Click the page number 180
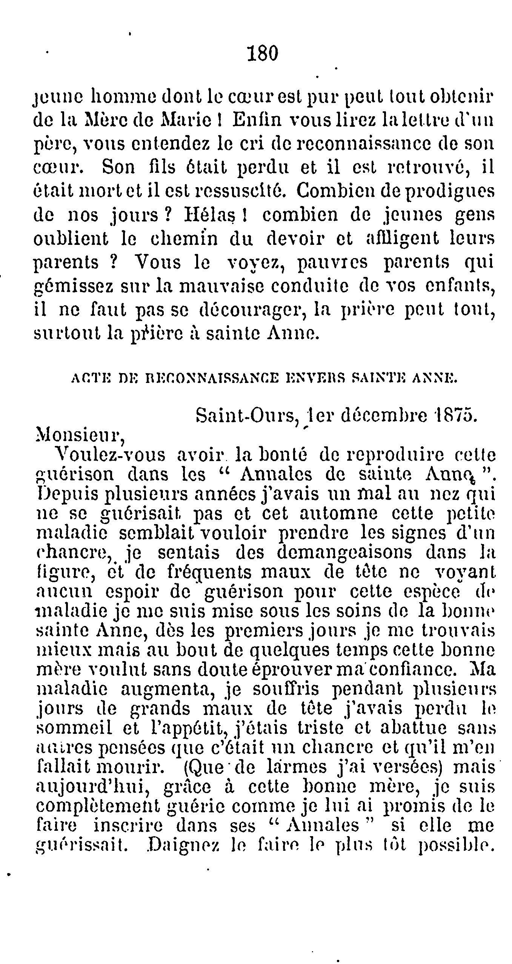(x=263, y=54)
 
